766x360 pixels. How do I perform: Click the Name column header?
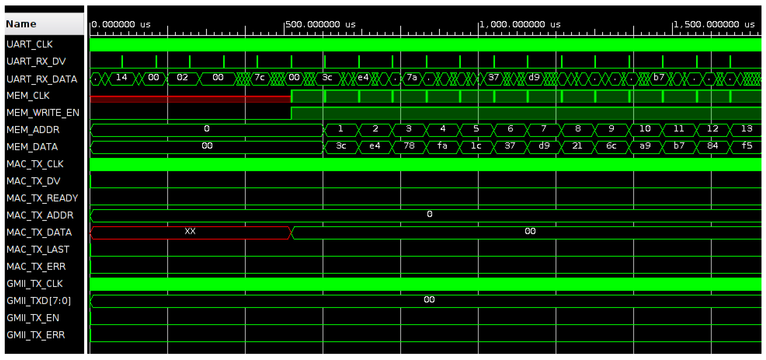pos(21,24)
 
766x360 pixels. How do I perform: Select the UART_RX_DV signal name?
pos(36,61)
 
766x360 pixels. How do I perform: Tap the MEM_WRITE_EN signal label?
pos(43,113)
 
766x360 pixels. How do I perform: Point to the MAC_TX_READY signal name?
pos(42,198)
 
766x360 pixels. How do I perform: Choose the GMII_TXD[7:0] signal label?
pos(39,301)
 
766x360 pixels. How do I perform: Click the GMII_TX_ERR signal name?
pos(36,335)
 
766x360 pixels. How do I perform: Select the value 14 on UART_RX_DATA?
pos(121,78)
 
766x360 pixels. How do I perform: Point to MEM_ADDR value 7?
pos(544,129)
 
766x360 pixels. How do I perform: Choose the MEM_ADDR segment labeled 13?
pos(746,129)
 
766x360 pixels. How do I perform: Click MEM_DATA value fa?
pos(442,146)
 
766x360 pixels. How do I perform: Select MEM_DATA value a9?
pos(645,146)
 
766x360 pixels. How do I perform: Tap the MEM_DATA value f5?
pos(746,146)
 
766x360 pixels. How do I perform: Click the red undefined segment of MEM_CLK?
pos(190,99)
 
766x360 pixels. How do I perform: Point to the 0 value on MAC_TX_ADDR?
pos(429,214)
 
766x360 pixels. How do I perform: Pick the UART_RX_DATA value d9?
pos(534,78)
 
